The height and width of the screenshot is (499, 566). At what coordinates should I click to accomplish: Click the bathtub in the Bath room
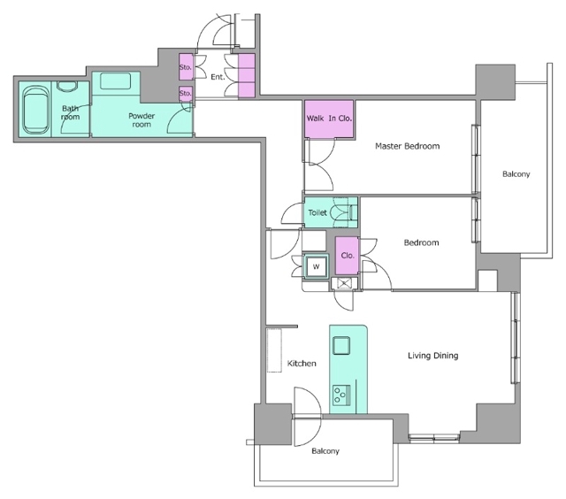(35, 110)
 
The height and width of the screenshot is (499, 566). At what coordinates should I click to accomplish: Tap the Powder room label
(141, 119)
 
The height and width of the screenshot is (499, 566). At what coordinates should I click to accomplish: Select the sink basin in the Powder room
(116, 81)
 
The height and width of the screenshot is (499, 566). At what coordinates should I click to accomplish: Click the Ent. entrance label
(218, 77)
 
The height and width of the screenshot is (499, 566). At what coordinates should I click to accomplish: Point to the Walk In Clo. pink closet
(329, 119)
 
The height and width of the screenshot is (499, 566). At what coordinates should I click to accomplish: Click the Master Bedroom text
(408, 146)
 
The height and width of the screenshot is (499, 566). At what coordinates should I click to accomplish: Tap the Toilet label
(317, 212)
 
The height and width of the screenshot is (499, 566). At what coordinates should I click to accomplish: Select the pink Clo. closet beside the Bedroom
(348, 256)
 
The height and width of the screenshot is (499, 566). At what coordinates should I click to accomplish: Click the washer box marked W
(317, 267)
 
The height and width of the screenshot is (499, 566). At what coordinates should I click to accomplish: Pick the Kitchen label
(302, 364)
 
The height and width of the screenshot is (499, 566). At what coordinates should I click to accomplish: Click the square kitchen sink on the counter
(341, 345)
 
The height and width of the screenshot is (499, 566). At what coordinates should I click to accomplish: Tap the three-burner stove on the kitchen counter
(341, 395)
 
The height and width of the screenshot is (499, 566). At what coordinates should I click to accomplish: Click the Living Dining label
(433, 356)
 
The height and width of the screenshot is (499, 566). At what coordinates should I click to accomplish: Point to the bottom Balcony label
(325, 451)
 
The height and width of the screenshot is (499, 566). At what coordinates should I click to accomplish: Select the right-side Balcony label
(516, 174)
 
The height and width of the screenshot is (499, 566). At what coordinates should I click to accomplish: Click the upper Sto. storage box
(186, 66)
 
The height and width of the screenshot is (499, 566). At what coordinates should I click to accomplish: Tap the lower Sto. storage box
(186, 93)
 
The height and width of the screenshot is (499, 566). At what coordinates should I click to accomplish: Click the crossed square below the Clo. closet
(344, 283)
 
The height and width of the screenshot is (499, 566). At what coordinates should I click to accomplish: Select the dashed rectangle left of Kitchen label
(274, 350)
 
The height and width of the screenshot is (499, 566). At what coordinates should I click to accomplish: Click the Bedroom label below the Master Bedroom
(421, 242)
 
